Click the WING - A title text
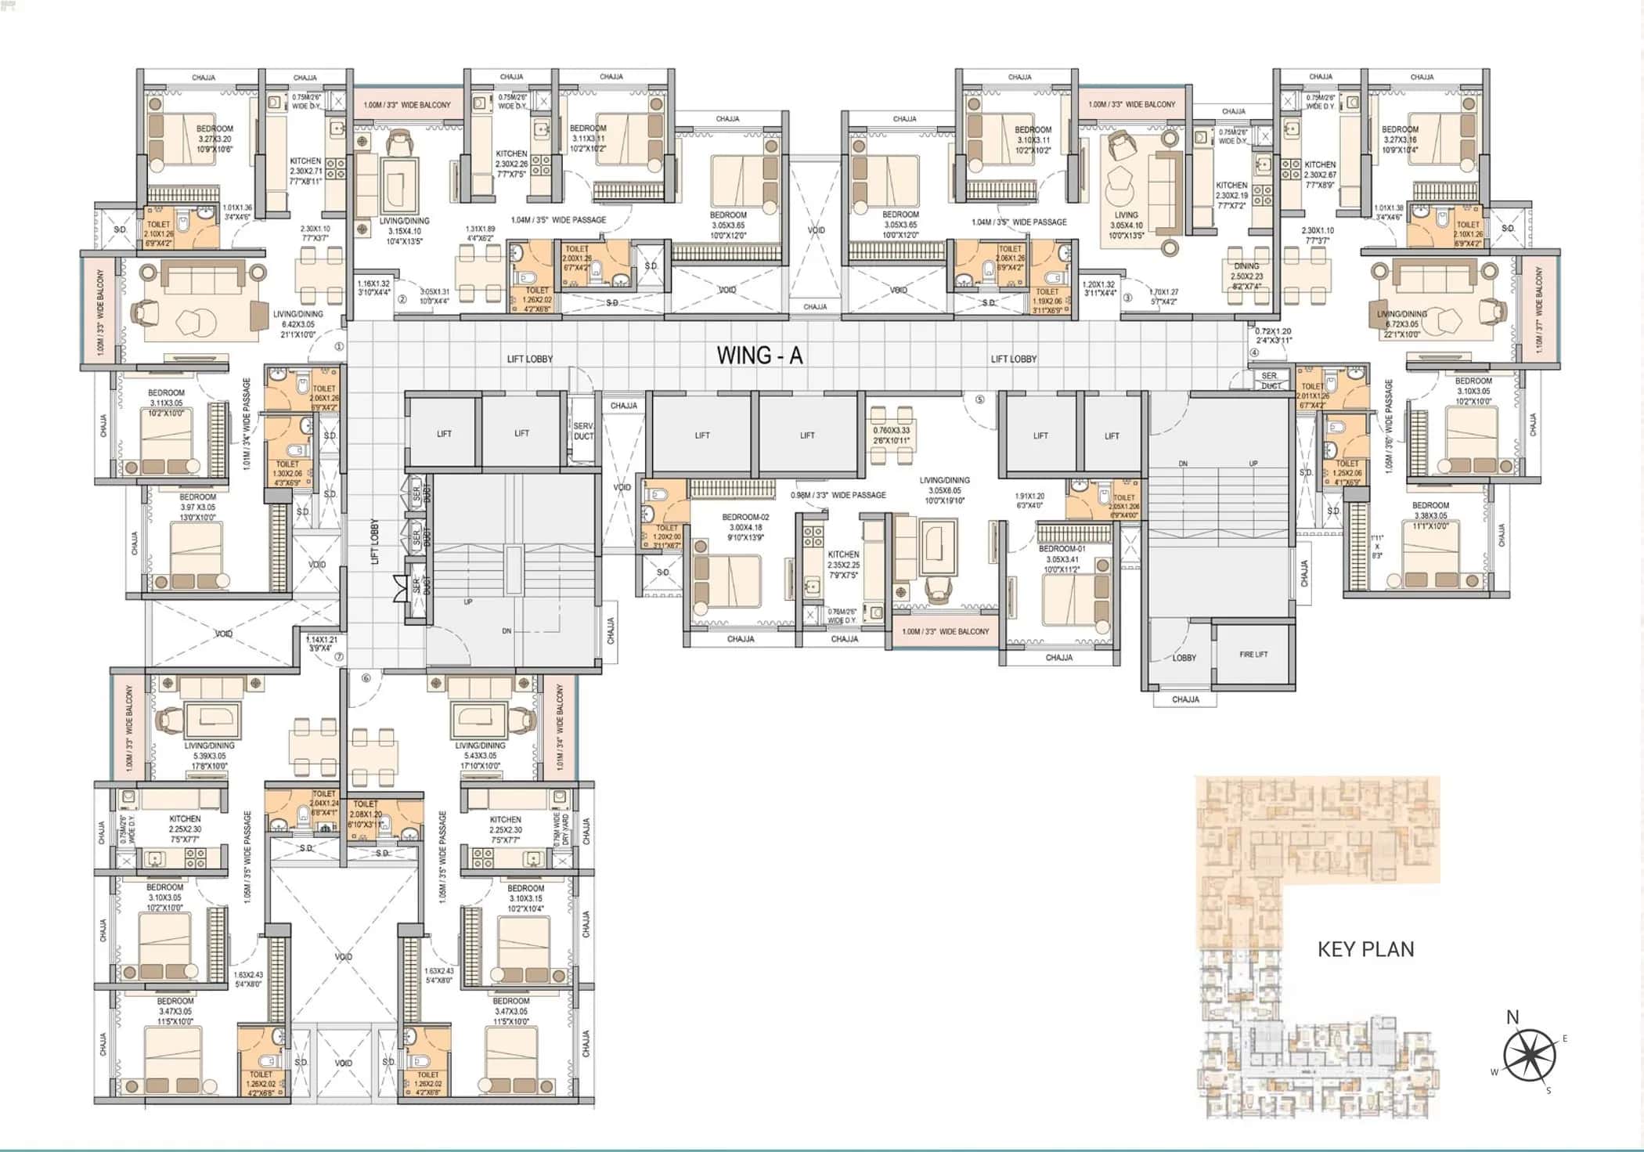759,356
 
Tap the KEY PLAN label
1365,949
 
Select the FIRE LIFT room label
1253,655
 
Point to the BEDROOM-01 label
1062,549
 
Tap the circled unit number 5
979,399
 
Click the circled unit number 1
339,346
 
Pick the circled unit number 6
366,678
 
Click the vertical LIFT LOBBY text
375,541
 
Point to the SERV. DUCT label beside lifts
583,432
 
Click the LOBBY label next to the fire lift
1184,658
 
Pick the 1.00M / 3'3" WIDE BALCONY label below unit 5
945,632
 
